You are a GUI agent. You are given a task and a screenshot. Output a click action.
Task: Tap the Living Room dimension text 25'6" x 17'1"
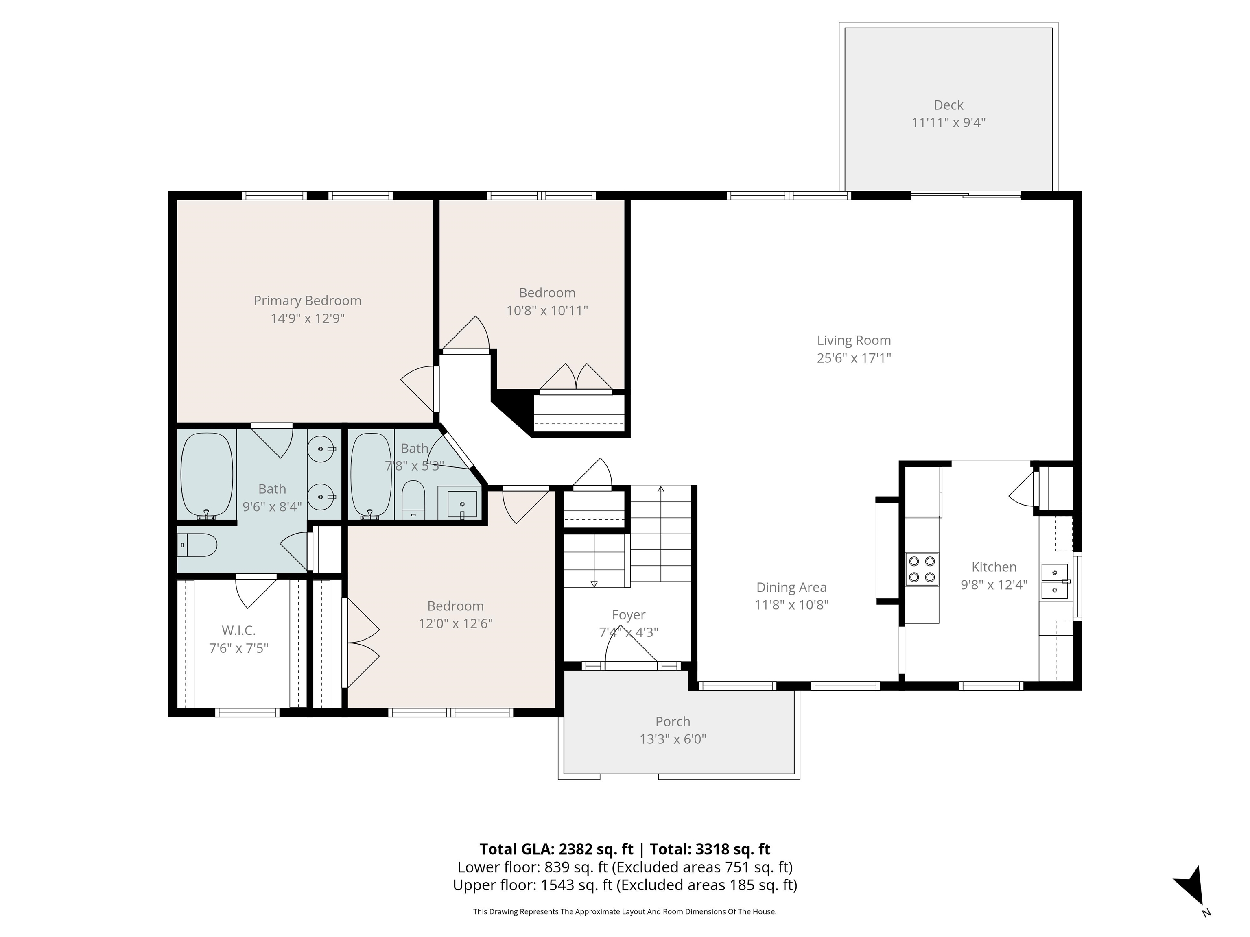854,357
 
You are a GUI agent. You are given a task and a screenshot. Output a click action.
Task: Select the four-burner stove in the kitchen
922,569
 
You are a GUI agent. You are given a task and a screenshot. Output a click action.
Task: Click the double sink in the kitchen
1054,581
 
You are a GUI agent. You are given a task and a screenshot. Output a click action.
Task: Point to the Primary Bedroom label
308,301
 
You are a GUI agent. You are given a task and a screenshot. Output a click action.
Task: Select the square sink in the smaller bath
462,504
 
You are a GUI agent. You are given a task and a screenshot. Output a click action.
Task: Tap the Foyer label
628,614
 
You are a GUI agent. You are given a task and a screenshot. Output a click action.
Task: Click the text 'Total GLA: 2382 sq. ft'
557,850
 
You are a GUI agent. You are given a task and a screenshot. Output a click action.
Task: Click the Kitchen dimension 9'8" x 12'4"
994,584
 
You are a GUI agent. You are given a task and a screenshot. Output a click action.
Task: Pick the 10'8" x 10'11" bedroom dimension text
547,310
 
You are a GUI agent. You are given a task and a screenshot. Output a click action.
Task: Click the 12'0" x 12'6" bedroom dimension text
455,623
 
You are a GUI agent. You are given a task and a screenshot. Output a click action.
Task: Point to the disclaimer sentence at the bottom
625,912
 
